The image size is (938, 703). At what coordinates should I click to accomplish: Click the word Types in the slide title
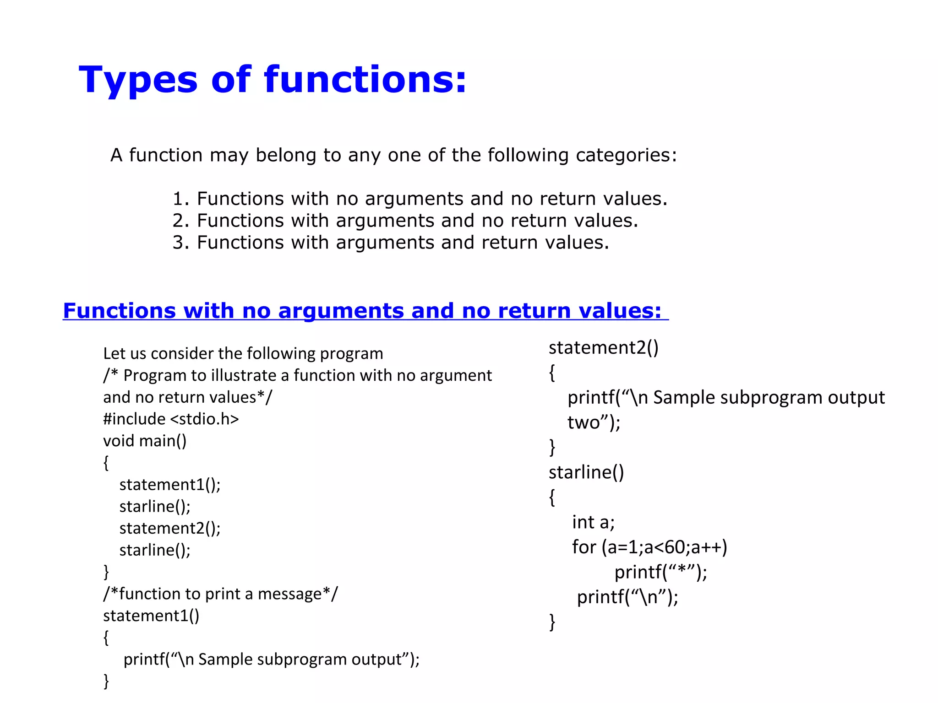coord(138,81)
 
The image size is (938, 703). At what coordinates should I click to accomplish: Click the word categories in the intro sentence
coord(626,156)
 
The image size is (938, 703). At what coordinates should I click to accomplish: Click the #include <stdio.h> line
coord(171,419)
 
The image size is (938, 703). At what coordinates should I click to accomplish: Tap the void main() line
coord(145,441)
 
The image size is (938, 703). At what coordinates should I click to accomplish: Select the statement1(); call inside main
coord(170,485)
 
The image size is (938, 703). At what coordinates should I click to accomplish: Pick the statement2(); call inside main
coord(170,528)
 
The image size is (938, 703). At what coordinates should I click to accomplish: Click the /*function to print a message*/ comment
coord(220,594)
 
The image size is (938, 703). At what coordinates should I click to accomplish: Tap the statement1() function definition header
coord(151,616)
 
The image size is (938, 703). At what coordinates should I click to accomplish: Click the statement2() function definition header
coord(604,348)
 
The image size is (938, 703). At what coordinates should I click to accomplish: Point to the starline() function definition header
coord(586,472)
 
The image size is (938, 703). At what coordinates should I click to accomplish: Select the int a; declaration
coord(593,522)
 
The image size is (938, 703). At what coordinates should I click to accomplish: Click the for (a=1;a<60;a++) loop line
coord(649,547)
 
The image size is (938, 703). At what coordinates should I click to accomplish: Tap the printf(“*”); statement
coord(660,572)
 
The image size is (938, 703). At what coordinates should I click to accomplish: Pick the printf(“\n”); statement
coord(627,597)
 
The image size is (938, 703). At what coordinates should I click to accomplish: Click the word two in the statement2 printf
coord(584,422)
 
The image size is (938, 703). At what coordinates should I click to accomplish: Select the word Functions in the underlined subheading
coord(119,311)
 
